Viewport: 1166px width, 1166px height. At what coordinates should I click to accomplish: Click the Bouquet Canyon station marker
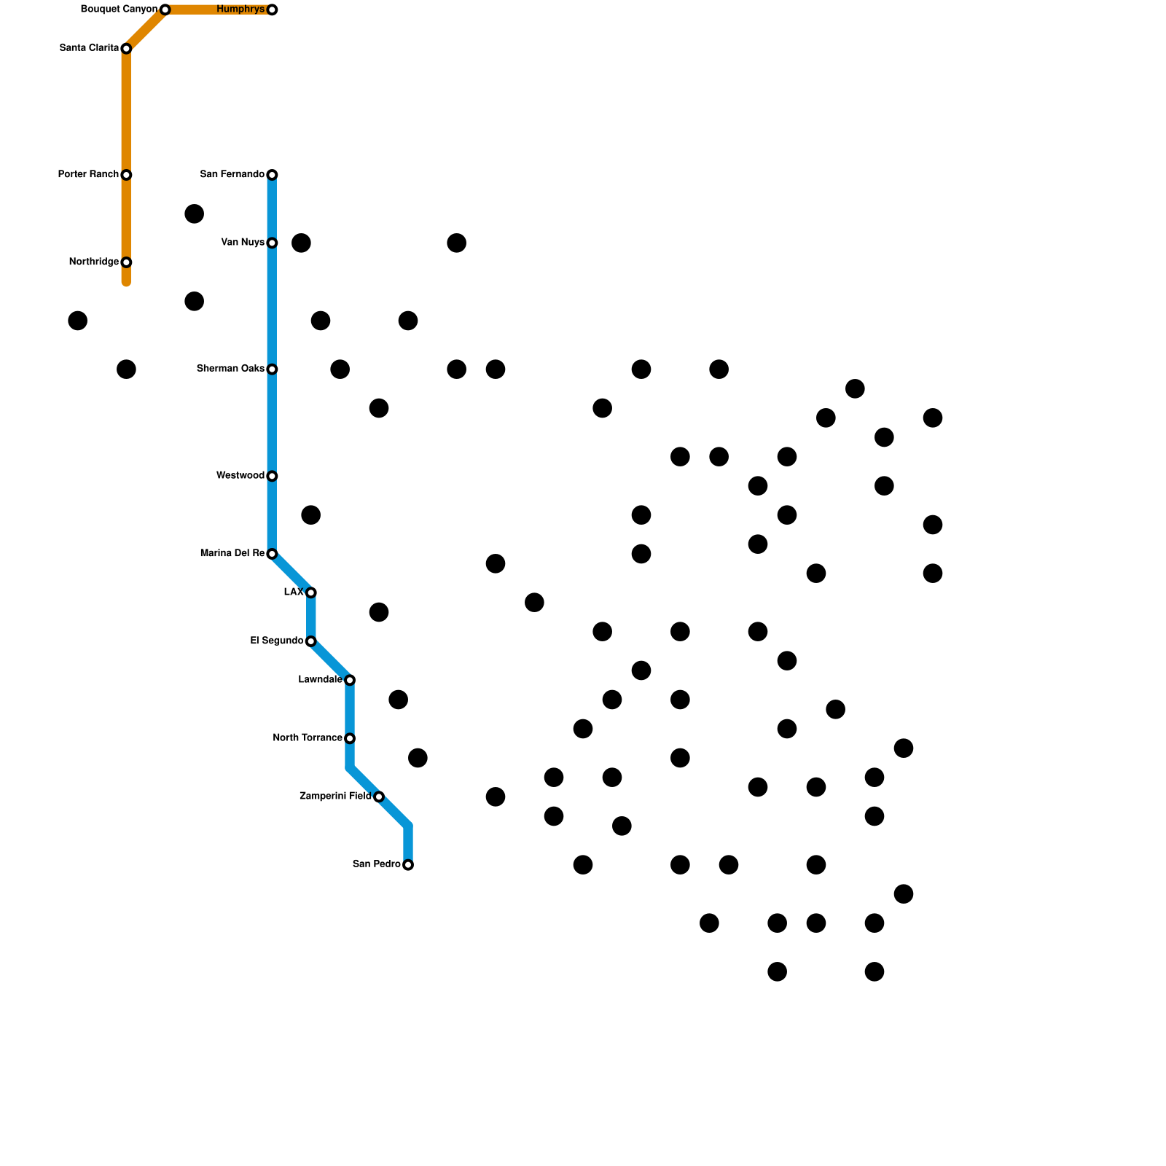165,9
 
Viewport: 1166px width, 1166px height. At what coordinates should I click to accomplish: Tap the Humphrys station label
240,9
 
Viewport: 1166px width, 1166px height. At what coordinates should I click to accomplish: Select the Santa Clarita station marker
126,49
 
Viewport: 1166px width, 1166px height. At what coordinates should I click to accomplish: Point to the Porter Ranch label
88,175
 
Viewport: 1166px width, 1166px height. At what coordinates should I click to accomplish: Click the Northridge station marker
126,262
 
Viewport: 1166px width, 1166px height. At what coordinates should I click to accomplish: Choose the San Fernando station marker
272,175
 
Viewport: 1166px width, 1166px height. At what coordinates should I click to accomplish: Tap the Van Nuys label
243,243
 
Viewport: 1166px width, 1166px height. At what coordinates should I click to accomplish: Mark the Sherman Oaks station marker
272,369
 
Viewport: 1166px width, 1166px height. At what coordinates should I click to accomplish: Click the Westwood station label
240,476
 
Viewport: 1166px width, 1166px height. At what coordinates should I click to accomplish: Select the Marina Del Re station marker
272,554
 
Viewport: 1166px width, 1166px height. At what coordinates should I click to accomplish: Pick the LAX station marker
311,592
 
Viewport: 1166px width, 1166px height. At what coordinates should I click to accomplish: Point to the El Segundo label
276,641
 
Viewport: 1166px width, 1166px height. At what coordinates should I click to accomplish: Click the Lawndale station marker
350,680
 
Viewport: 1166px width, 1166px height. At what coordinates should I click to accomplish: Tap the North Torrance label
308,738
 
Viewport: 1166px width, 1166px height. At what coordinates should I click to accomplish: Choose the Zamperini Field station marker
379,797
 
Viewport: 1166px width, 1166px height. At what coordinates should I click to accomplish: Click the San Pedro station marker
408,865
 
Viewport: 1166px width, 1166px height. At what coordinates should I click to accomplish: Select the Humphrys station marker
272,9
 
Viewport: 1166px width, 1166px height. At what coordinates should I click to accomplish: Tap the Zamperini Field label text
335,797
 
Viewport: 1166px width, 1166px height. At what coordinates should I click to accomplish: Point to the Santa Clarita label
89,49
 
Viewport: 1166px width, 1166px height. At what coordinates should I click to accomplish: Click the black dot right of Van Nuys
301,243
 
